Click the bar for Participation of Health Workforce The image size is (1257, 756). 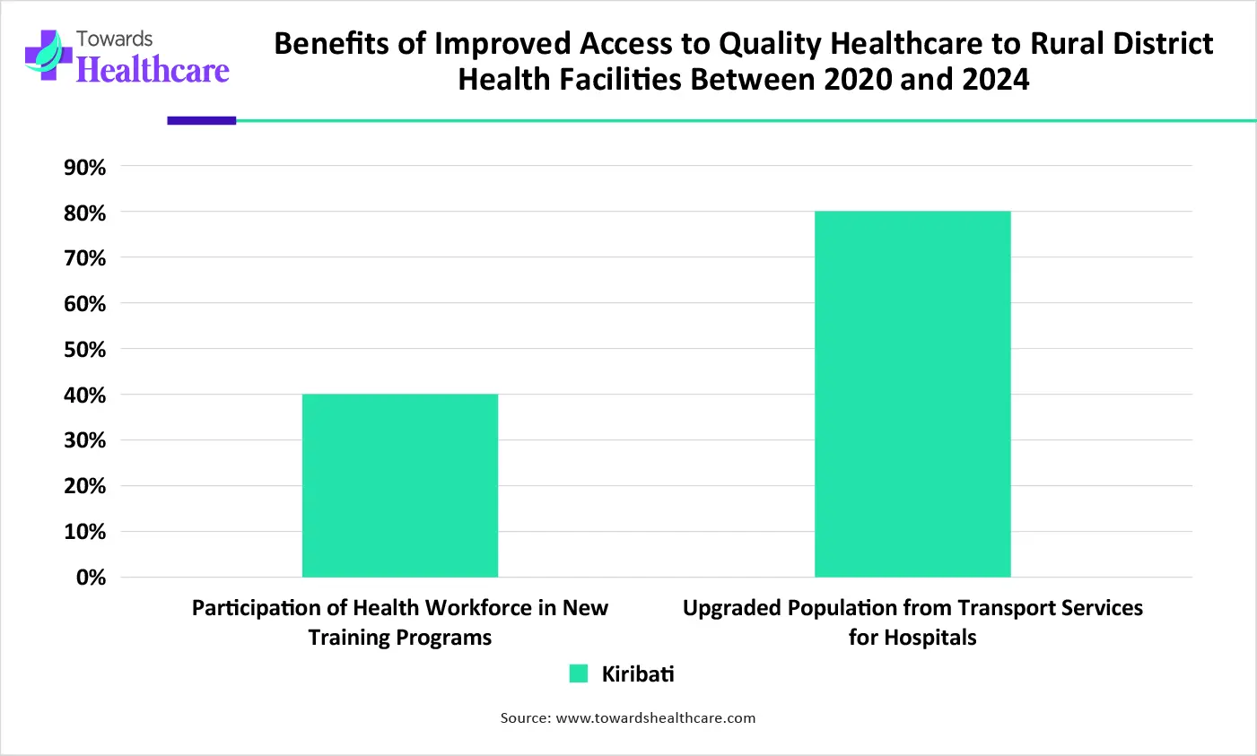pos(399,485)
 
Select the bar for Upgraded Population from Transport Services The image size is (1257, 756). pos(912,394)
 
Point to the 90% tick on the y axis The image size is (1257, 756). pos(84,168)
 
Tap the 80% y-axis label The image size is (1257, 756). pos(84,213)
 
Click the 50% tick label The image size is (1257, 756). pos(84,350)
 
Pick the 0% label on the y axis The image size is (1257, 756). pos(91,578)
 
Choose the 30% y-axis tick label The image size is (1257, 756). pos(84,440)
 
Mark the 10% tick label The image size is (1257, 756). pos(84,532)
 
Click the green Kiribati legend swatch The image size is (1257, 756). pos(579,673)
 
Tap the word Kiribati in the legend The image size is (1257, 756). pos(637,673)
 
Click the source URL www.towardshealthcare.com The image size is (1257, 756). pos(656,717)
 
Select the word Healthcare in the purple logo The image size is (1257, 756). pos(153,70)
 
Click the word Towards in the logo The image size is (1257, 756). pos(114,39)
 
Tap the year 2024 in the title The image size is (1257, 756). pos(995,80)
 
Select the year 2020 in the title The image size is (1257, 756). pos(859,80)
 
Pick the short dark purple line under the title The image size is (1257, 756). pos(202,120)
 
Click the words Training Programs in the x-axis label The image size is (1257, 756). pos(400,638)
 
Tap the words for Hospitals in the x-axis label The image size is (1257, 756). pos(912,638)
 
